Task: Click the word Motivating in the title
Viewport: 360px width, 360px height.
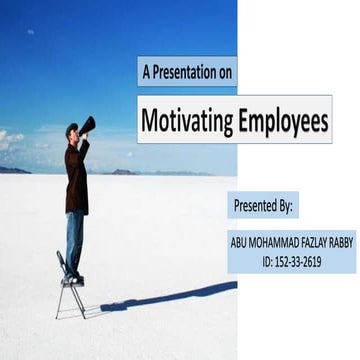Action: tap(185, 123)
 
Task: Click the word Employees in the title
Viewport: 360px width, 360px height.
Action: tap(282, 123)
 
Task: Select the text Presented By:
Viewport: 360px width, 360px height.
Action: tap(263, 206)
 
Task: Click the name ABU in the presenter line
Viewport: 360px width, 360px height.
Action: tap(240, 242)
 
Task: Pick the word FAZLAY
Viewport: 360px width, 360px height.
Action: tap(314, 242)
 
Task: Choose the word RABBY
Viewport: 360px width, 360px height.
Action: tap(341, 242)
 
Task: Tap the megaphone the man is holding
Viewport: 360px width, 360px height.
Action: tap(88, 125)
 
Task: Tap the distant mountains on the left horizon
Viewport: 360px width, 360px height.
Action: tap(14, 170)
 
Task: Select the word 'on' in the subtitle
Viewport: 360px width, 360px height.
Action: tap(222, 72)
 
